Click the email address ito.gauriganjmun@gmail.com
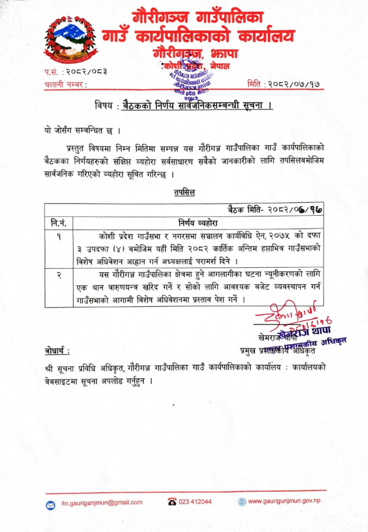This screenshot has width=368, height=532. point(102,502)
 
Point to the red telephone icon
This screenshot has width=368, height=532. point(172,502)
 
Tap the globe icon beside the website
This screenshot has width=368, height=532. point(242,502)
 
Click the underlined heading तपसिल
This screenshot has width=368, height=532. point(184,192)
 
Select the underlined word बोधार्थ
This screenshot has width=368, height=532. point(57,351)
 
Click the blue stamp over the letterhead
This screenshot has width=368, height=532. point(188,79)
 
